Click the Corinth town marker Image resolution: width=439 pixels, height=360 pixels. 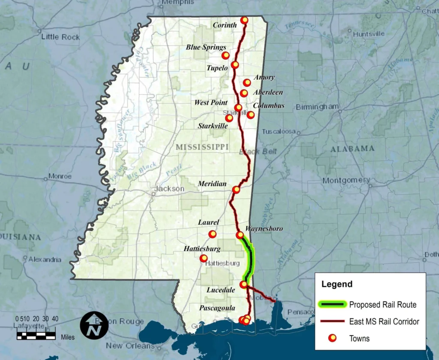point(244,20)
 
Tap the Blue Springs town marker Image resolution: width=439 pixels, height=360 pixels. point(226,55)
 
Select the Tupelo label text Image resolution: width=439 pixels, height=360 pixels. point(217,68)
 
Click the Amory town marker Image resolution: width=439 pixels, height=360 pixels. point(247,82)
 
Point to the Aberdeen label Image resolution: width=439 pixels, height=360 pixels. point(268,92)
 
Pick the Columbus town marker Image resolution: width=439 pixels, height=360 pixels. point(251,115)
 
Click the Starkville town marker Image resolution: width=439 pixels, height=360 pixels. point(229,118)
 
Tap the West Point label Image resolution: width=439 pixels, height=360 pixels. point(211,103)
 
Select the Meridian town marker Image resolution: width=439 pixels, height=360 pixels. point(236,190)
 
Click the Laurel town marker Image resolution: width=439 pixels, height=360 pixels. point(212,234)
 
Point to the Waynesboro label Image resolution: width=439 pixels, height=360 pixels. point(264,229)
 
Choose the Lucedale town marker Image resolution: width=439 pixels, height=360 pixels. point(244,284)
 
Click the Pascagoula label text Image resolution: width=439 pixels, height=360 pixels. point(217,308)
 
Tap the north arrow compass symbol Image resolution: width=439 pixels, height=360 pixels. point(94,325)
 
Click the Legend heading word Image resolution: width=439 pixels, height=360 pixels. point(337,284)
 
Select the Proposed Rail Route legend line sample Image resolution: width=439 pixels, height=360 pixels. point(332,305)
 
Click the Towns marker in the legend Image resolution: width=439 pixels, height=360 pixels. point(332,338)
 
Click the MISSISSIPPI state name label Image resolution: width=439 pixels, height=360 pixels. point(202,147)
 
